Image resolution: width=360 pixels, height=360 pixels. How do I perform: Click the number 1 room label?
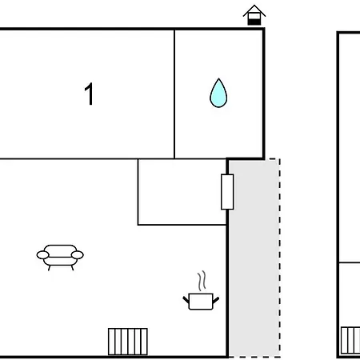pos(89,94)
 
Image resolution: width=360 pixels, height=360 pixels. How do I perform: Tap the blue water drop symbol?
pos(218,93)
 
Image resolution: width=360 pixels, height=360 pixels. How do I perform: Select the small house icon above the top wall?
pos(254,15)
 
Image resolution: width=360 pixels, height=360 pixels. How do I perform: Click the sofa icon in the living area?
pos(60,258)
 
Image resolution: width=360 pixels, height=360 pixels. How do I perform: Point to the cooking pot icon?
pos(201,302)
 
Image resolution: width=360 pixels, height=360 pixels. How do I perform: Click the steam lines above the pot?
pos(202,281)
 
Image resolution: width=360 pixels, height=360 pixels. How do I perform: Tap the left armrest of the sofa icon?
pos(42,255)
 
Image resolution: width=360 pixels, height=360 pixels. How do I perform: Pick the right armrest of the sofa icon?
pos(78,255)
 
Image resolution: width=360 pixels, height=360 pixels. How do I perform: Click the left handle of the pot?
pos(186,300)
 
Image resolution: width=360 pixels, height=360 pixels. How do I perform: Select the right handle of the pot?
pos(216,300)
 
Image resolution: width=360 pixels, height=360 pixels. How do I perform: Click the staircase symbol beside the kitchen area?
pos(128,342)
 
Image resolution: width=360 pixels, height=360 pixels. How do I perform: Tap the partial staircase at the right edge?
pos(350,340)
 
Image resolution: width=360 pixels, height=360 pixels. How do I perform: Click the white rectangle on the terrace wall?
pos(227,192)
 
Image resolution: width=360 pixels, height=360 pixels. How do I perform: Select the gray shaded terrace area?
pos(254,258)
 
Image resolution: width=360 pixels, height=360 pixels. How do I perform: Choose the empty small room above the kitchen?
pos(182,192)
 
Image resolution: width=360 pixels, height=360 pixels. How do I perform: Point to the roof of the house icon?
pos(254,10)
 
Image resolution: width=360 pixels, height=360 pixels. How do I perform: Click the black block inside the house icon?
pos(254,22)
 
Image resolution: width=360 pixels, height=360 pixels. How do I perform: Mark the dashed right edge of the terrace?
pos(280,258)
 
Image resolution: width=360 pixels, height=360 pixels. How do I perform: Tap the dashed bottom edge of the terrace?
pos(254,357)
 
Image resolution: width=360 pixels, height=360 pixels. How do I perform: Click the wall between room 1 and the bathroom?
pos(174,94)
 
